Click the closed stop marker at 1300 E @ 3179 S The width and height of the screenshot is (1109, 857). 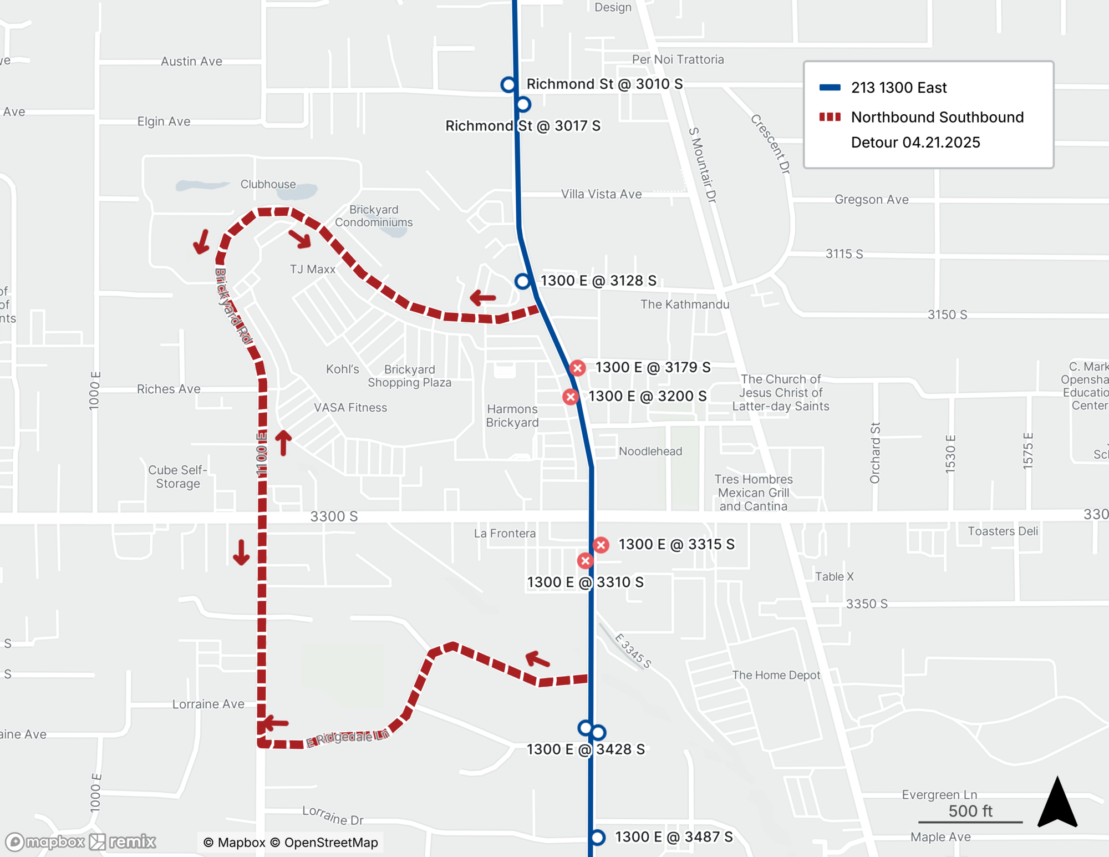pos(577,368)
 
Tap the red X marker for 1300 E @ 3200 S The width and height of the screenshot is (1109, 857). pos(570,397)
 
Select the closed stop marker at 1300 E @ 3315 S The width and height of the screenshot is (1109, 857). pos(601,545)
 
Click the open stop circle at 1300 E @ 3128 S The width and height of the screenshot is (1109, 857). pos(522,281)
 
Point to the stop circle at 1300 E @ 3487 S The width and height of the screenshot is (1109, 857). pos(597,837)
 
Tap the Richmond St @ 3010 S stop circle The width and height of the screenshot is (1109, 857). pos(508,84)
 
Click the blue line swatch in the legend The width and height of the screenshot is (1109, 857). pos(830,88)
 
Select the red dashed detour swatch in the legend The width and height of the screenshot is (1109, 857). pos(830,117)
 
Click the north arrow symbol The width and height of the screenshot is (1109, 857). pos(1057,804)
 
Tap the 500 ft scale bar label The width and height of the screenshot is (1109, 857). pos(970,811)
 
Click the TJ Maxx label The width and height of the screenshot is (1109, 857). pos(313,270)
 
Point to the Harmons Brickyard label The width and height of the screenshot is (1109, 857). pos(512,416)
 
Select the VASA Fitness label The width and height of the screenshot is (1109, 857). pos(350,408)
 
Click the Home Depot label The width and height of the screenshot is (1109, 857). pos(776,675)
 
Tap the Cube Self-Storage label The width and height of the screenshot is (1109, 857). pos(178,476)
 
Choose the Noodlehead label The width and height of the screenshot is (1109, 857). pos(650,452)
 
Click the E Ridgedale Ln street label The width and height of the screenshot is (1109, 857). pos(348,738)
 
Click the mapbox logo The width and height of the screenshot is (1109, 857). pos(45,841)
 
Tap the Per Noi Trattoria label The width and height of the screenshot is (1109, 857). pos(678,59)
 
